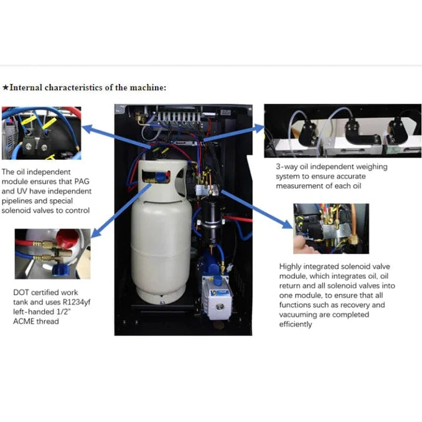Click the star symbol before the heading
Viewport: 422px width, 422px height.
point(6,87)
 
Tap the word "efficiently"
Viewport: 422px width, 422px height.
point(296,324)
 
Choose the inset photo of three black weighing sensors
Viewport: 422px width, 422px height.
point(342,130)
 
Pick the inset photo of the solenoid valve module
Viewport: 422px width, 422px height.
point(331,228)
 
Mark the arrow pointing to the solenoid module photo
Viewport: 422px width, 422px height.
point(261,209)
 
